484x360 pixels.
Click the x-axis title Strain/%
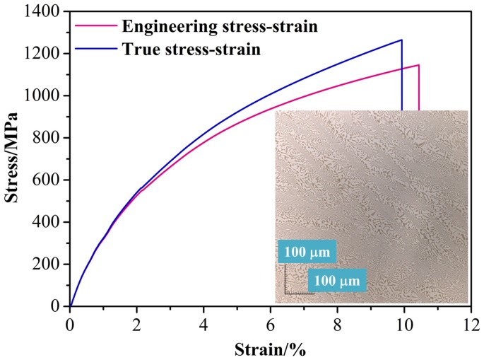(269, 348)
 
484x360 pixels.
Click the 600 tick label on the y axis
(49, 180)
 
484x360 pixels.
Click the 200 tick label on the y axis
(49, 264)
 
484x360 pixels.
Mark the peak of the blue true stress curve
(401, 40)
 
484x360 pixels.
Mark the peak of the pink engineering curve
(418, 65)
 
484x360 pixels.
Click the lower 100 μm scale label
(336, 280)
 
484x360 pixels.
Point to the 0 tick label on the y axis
(59, 306)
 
